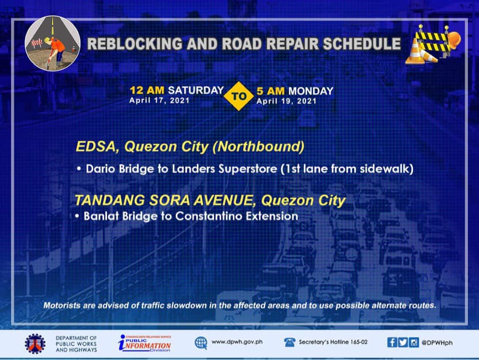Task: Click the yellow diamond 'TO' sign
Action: pyautogui.click(x=238, y=96)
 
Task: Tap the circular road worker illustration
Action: pyautogui.click(x=53, y=43)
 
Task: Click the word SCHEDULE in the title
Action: pyautogui.click(x=362, y=44)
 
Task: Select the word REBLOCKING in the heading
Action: pyautogui.click(x=135, y=44)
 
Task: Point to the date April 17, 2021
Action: pyautogui.click(x=159, y=101)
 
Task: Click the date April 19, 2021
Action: pyautogui.click(x=286, y=101)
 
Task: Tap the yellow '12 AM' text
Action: pyautogui.click(x=147, y=90)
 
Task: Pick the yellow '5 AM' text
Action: pyautogui.click(x=270, y=91)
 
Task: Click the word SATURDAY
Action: pyautogui.click(x=196, y=90)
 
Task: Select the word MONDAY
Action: pyautogui.click(x=311, y=91)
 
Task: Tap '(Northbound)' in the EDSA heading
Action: pyautogui.click(x=259, y=146)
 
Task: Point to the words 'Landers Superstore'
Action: pyautogui.click(x=224, y=168)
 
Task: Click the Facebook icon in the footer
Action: pyautogui.click(x=392, y=342)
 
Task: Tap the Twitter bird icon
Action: pyautogui.click(x=403, y=342)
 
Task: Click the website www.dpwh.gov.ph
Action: pyautogui.click(x=237, y=341)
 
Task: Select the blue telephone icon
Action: pyautogui.click(x=289, y=342)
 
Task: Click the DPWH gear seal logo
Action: pyautogui.click(x=35, y=343)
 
